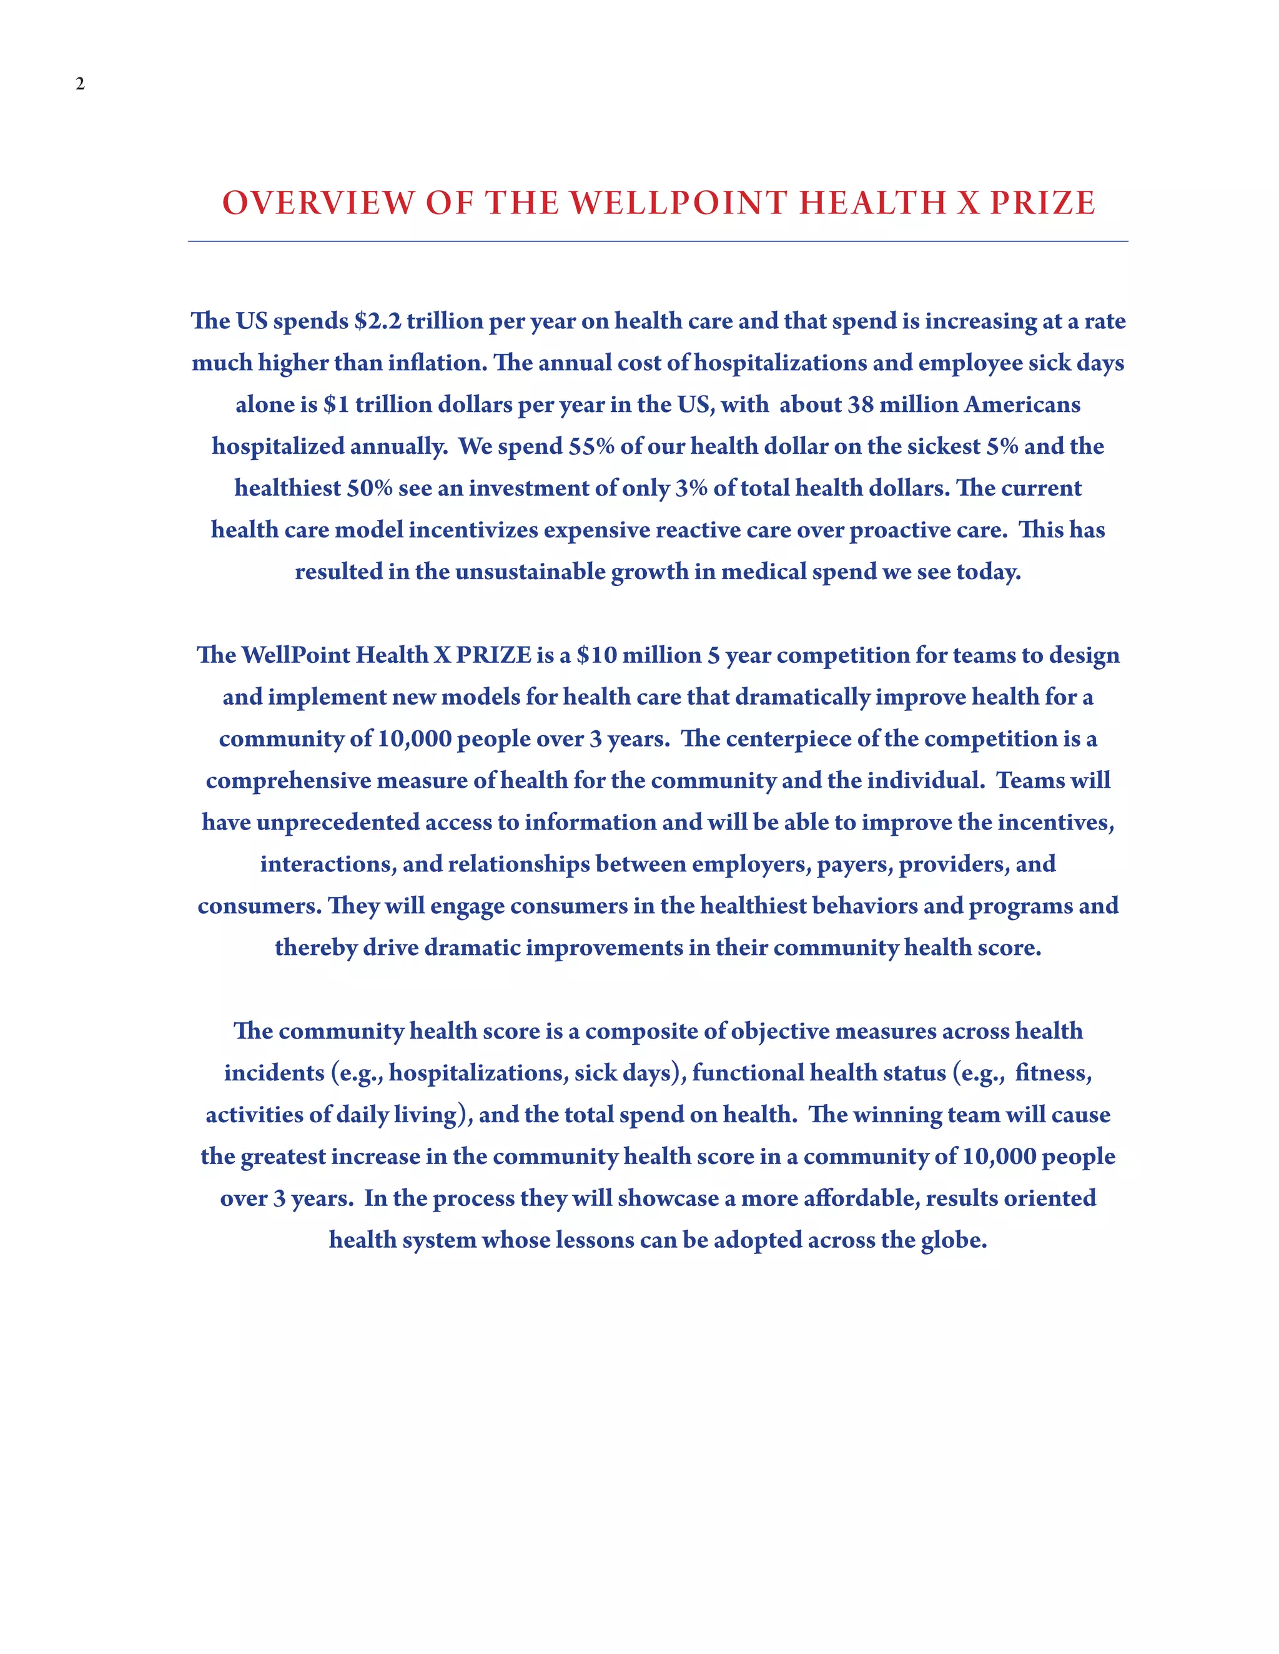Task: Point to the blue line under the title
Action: [658, 242]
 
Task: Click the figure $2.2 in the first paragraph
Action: [377, 321]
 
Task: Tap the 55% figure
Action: [591, 446]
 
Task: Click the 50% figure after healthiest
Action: [370, 487]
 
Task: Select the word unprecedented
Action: [337, 823]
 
